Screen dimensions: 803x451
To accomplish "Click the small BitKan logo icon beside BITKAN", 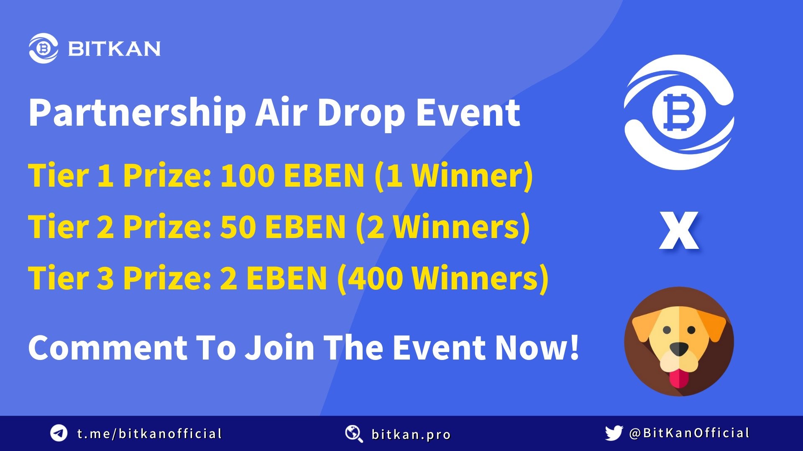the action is click(43, 48).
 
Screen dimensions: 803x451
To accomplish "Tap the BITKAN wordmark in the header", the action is click(114, 49).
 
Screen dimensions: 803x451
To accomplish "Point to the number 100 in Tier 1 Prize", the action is click(247, 175).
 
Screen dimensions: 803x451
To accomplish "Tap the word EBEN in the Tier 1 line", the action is click(324, 175).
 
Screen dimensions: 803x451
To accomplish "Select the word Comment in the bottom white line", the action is click(108, 348).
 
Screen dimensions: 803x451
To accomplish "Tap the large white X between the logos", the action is click(679, 231).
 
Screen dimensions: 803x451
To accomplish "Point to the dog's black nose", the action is click(679, 349).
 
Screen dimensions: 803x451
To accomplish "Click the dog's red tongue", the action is click(679, 378).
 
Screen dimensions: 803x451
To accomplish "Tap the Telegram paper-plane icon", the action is click(59, 433).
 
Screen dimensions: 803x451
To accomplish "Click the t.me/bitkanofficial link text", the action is click(149, 433).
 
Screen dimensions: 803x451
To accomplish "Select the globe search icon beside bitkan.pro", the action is click(354, 434).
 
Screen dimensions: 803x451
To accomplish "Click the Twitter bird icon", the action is click(614, 433).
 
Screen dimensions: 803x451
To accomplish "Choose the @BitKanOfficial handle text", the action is click(689, 433).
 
